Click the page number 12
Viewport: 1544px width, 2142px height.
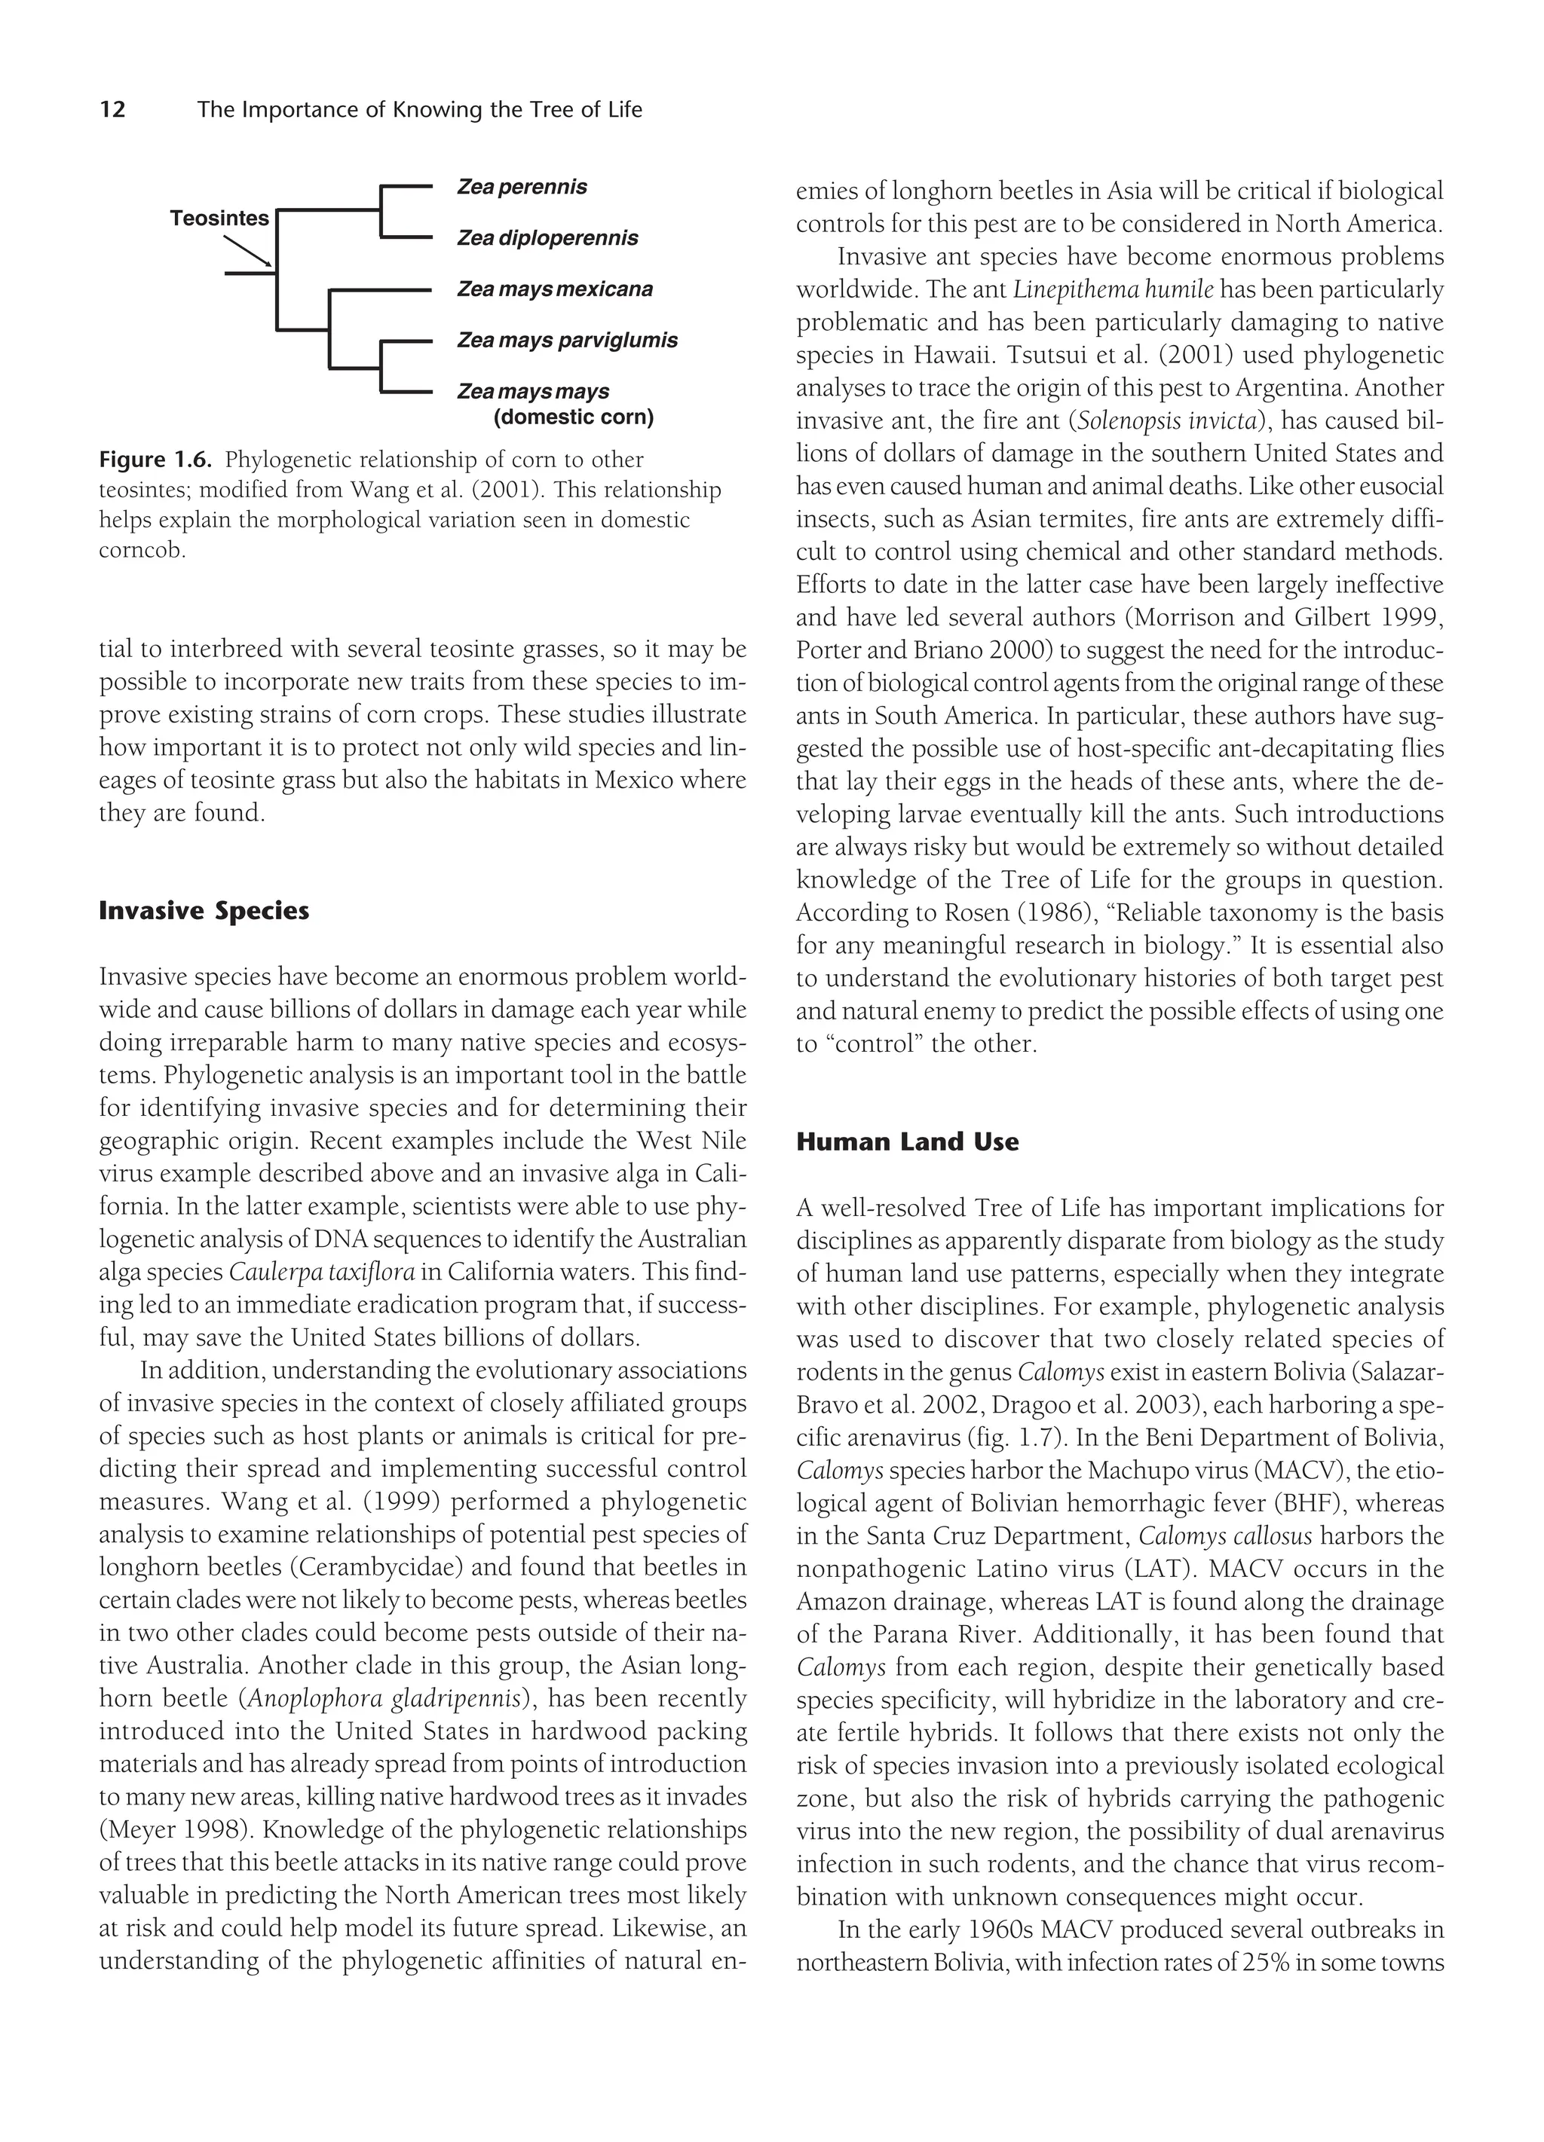pos(112,109)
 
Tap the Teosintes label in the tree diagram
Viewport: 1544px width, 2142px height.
pos(219,218)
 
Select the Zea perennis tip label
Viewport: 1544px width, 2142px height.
pos(522,187)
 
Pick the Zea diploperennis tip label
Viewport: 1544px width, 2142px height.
pos(547,238)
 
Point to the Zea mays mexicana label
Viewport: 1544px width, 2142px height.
pos(555,289)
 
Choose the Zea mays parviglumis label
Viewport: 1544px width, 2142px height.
pos(567,340)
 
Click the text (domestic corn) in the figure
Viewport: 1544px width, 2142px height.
pos(574,417)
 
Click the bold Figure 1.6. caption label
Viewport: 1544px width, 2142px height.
pos(156,460)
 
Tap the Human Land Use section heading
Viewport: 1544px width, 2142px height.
pos(907,1142)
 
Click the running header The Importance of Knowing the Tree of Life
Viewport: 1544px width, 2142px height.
pos(419,109)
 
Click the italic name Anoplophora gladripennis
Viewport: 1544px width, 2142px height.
pos(387,1699)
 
